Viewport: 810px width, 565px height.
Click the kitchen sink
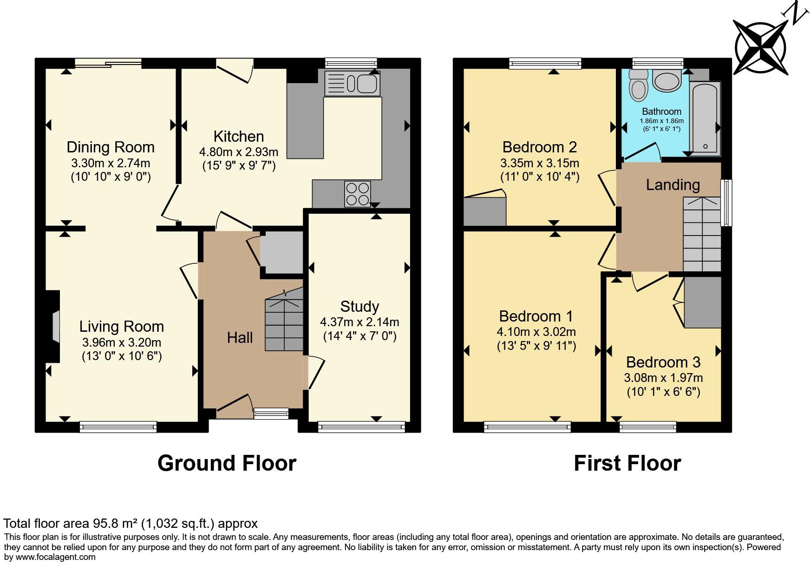(x=352, y=84)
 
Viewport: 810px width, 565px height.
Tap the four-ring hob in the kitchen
(x=358, y=194)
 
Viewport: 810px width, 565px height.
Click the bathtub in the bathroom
(x=705, y=118)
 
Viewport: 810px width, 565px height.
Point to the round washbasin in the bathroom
(x=667, y=80)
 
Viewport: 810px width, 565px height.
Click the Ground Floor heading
(x=227, y=463)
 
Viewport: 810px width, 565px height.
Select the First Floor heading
(x=627, y=463)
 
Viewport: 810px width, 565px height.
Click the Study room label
(x=359, y=307)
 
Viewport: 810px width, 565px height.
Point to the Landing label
(x=673, y=185)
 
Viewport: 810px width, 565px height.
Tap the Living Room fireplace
(x=53, y=327)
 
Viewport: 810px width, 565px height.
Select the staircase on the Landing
(x=702, y=234)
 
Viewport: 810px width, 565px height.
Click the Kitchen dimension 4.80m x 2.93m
(x=239, y=152)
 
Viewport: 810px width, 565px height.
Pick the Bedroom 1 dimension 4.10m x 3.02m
(x=536, y=332)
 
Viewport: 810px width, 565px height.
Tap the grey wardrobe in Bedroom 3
(x=703, y=302)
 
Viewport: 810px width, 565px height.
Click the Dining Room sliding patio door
(x=109, y=64)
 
